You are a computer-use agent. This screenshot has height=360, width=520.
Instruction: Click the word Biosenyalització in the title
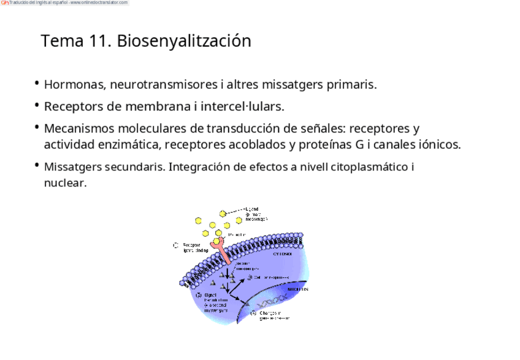(x=184, y=41)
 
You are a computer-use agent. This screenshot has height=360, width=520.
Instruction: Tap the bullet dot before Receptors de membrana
(x=37, y=105)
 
